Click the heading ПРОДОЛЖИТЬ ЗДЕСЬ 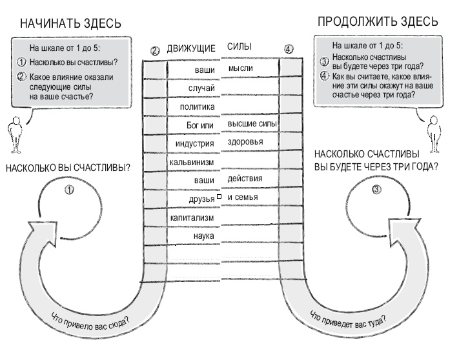point(378,22)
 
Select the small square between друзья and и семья point(219,197)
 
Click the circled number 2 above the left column point(155,50)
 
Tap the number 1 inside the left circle point(70,190)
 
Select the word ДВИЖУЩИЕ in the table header point(190,48)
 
